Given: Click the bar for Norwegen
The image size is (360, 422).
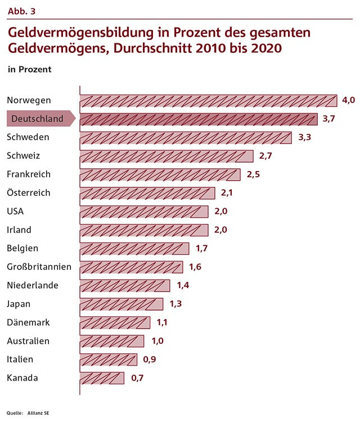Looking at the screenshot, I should point(208,101).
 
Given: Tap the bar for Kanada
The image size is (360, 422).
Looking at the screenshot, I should point(102,378).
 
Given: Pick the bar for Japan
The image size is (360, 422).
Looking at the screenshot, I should point(121,304).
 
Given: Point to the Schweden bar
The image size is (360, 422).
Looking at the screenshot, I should point(186,138).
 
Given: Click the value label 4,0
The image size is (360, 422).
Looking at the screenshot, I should point(349,100).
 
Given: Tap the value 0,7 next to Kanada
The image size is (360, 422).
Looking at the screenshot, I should point(137,378).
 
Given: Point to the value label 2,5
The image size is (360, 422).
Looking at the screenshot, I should point(253,174).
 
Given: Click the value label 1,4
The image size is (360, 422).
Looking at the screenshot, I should point(183,285).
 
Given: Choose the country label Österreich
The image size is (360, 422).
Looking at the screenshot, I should point(29,193).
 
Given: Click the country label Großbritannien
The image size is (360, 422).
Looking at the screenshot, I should point(39,267).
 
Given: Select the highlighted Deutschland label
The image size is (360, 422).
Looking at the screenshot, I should point(38,119).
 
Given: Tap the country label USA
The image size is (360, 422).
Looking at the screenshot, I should point(16,212).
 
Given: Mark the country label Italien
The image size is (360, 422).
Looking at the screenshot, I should point(20,360).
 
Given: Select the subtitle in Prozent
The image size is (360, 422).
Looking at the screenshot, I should point(29,70).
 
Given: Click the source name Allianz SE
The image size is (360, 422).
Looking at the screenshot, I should point(38,414).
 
